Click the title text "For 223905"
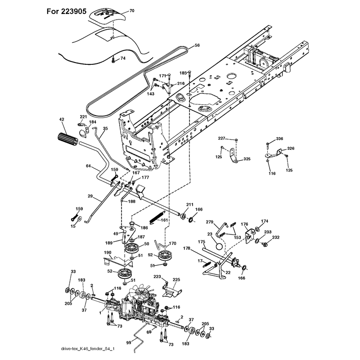[x=66, y=11]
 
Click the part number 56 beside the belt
[x=197, y=45]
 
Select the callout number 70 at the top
[x=132, y=10]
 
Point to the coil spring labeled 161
[x=157, y=217]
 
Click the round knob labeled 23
[x=219, y=247]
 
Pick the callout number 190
[x=108, y=252]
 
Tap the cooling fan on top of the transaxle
[x=141, y=292]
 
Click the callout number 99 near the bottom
[x=129, y=342]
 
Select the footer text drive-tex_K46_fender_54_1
[x=88, y=349]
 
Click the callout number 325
[x=247, y=159]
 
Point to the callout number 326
[x=291, y=148]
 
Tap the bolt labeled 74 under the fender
[x=113, y=60]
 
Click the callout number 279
[x=209, y=222]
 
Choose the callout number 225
[x=176, y=279]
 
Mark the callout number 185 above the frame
[x=183, y=73]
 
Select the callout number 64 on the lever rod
[x=88, y=166]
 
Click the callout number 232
[x=275, y=238]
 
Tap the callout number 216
[x=181, y=83]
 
